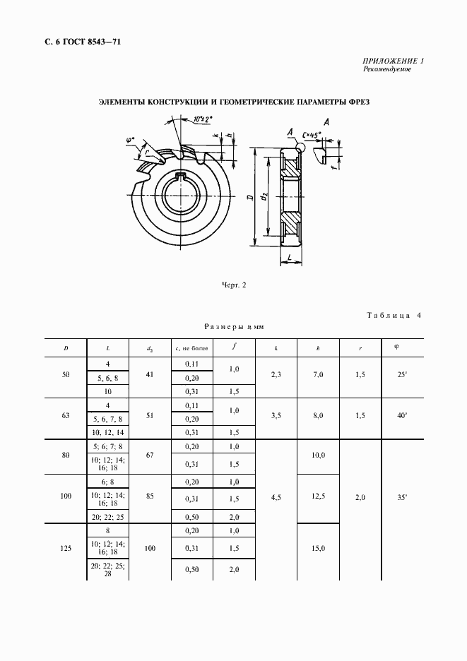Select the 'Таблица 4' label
392,315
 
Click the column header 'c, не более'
191,347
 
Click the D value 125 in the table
66,547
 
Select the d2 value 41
149,375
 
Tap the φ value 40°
402,416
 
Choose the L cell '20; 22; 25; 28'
108,570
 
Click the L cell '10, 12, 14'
108,431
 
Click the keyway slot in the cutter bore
182,176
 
